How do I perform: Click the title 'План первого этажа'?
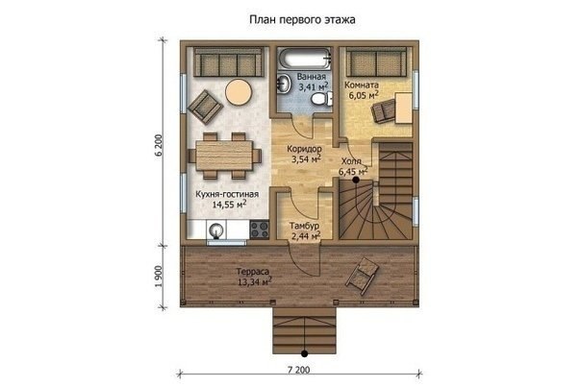click(302, 19)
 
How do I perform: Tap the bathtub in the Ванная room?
click(304, 59)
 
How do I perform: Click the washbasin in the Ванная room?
click(284, 83)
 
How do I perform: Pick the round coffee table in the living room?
click(239, 92)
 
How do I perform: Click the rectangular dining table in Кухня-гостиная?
click(224, 156)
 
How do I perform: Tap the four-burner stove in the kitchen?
click(259, 230)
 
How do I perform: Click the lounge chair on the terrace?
click(363, 276)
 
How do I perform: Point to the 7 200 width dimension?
click(298, 370)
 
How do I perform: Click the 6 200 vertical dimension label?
click(159, 145)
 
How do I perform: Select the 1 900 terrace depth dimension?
click(159, 277)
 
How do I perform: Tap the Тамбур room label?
click(304, 226)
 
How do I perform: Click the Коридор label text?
click(304, 149)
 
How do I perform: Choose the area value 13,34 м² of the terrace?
click(254, 282)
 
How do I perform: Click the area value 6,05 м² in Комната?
click(364, 95)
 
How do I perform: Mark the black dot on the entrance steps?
click(305, 353)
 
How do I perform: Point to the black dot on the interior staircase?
click(356, 181)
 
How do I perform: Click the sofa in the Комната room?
click(376, 61)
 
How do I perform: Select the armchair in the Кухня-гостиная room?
click(205, 107)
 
